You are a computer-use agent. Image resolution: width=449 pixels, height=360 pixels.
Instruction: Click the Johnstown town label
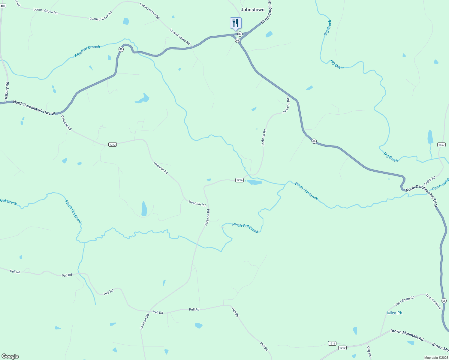pos(252,10)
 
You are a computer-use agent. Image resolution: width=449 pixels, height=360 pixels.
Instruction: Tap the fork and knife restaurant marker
pos(236,23)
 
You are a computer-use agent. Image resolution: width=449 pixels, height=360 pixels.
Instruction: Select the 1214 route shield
pos(239,180)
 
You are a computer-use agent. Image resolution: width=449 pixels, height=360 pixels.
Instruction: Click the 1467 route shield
pos(441,145)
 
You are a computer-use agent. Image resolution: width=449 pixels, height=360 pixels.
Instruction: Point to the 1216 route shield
pos(332,343)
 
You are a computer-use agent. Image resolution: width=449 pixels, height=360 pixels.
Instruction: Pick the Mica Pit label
pos(395,313)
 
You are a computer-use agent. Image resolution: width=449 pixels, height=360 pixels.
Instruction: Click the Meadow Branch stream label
pos(87,51)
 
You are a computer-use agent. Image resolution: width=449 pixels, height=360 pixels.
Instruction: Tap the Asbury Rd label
pos(7,91)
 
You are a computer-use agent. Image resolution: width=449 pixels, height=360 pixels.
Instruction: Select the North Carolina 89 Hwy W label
pos(34,107)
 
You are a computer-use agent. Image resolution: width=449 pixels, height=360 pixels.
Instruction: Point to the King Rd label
pos(369,351)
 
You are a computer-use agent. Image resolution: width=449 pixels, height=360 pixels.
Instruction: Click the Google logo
pos(10,356)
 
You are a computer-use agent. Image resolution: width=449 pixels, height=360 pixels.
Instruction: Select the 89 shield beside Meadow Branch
pos(121,49)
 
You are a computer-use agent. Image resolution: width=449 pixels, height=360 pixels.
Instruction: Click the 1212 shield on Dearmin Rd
pos(112,145)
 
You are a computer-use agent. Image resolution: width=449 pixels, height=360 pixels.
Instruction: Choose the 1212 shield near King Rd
pos(342,348)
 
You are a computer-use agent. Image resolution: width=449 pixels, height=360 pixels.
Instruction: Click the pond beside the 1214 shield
pos(255,182)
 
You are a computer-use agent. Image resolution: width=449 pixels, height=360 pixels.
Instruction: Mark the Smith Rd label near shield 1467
pos(429,181)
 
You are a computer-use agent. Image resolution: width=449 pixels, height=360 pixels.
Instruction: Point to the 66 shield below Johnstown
pos(237,40)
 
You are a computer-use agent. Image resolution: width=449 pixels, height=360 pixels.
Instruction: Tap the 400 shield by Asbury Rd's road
pos(3,6)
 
